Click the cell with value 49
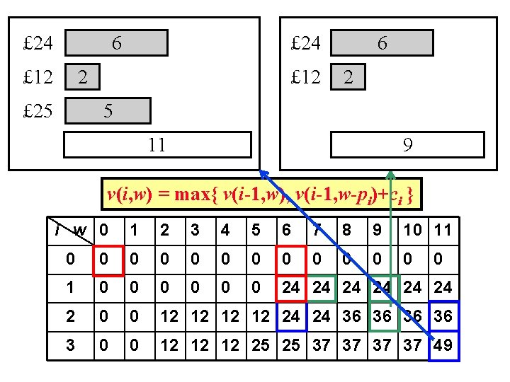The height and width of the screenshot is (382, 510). coord(444,346)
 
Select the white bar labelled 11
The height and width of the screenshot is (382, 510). coord(158,145)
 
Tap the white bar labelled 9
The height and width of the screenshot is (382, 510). coord(407,145)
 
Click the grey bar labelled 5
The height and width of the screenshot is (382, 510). coord(108,111)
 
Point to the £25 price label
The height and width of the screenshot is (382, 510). coord(38,111)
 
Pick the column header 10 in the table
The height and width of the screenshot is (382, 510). coord(413,231)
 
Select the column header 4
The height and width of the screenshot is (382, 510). coord(225,231)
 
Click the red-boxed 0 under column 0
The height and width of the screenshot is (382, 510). coord(108,261)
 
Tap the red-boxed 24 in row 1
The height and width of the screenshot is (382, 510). coord(291,288)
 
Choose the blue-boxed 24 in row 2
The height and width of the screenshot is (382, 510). coord(291,317)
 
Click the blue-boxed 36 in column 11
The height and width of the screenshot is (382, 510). coord(444,317)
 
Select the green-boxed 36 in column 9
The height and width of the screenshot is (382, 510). coord(384,317)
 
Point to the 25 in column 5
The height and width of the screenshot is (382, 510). coord(260,346)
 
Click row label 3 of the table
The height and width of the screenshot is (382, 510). coord(70,346)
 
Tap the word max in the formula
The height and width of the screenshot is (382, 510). coord(192,195)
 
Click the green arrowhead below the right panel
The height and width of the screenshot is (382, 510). coord(390,175)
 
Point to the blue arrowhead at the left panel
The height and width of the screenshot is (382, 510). coord(264,174)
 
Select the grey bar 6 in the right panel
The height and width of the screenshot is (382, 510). coord(382,43)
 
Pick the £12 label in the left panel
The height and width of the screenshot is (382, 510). coord(38,77)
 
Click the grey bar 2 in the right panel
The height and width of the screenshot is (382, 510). coord(348,77)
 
